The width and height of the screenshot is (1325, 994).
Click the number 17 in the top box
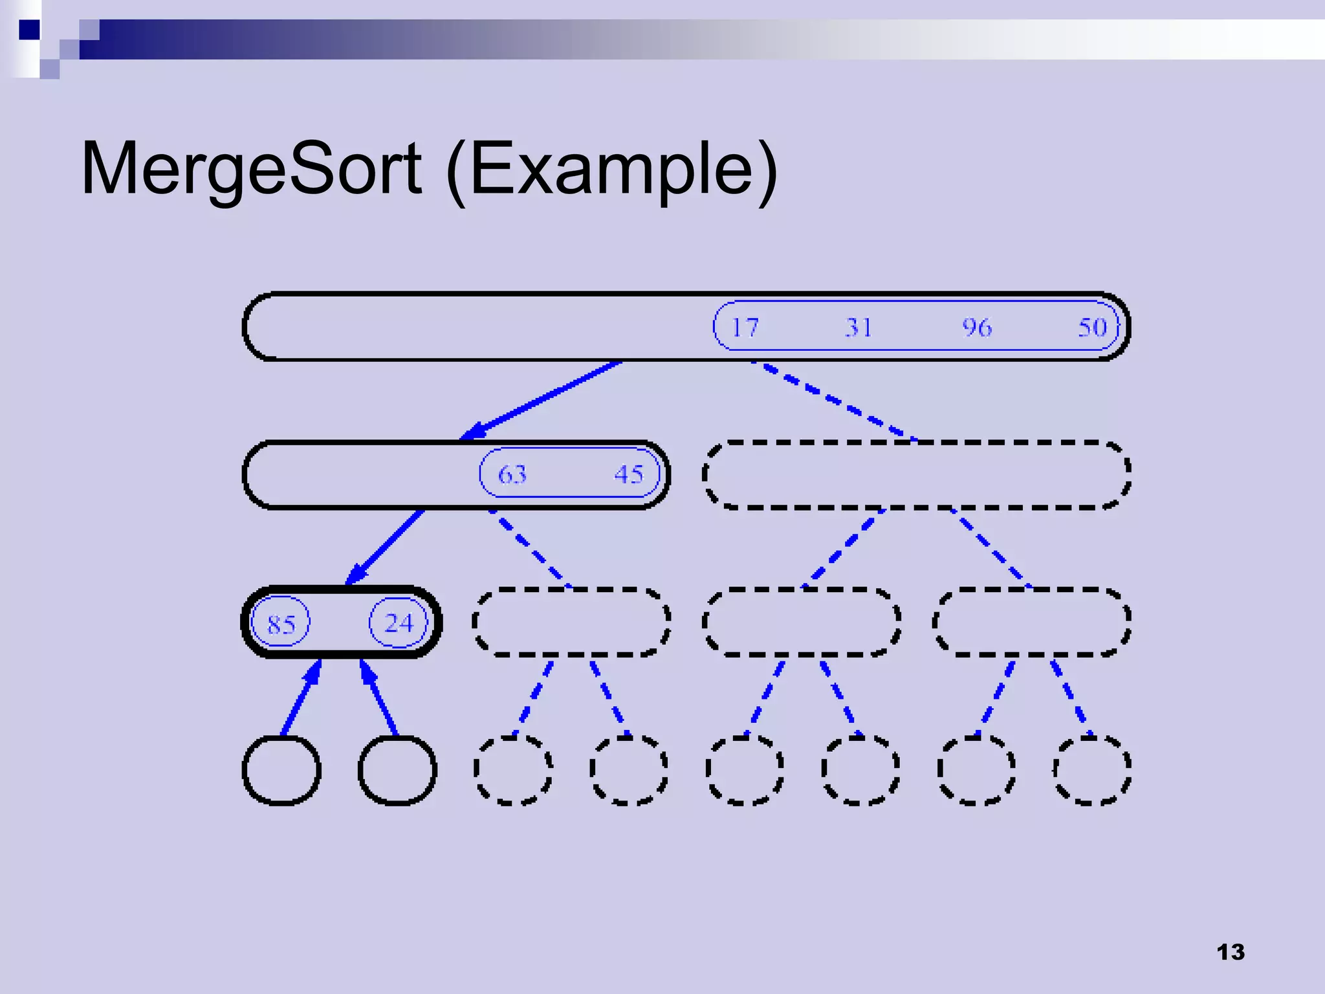point(744,327)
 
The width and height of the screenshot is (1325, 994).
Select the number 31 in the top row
point(859,327)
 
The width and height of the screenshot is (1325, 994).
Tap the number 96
point(976,327)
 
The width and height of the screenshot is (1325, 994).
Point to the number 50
point(1092,327)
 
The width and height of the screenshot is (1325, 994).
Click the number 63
point(512,474)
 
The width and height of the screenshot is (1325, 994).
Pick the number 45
point(629,474)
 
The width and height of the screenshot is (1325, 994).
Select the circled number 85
point(281,624)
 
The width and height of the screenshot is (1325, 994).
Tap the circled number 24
point(399,623)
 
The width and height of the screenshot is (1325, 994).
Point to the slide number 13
point(1230,952)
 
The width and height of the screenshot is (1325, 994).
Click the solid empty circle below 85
point(281,770)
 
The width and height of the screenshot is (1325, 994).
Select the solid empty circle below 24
point(397,770)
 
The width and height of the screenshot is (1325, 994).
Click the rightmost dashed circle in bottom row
point(1092,770)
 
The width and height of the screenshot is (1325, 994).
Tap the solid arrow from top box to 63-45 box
point(543,399)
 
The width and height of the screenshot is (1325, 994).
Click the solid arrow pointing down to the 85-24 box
point(386,546)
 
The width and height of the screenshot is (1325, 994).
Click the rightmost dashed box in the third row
point(1031,623)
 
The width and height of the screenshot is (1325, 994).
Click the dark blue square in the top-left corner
point(29,30)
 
